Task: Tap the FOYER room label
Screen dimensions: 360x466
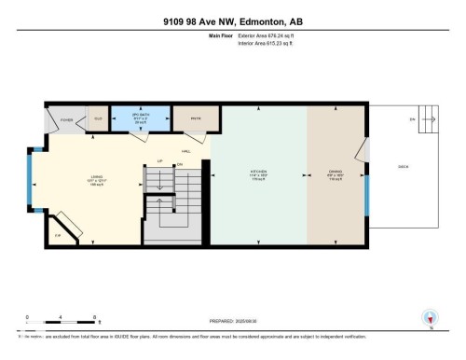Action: [67, 120]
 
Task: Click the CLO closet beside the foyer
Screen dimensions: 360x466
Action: [97, 119]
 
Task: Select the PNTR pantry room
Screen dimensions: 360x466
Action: [197, 118]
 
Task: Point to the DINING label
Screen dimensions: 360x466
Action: [335, 173]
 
